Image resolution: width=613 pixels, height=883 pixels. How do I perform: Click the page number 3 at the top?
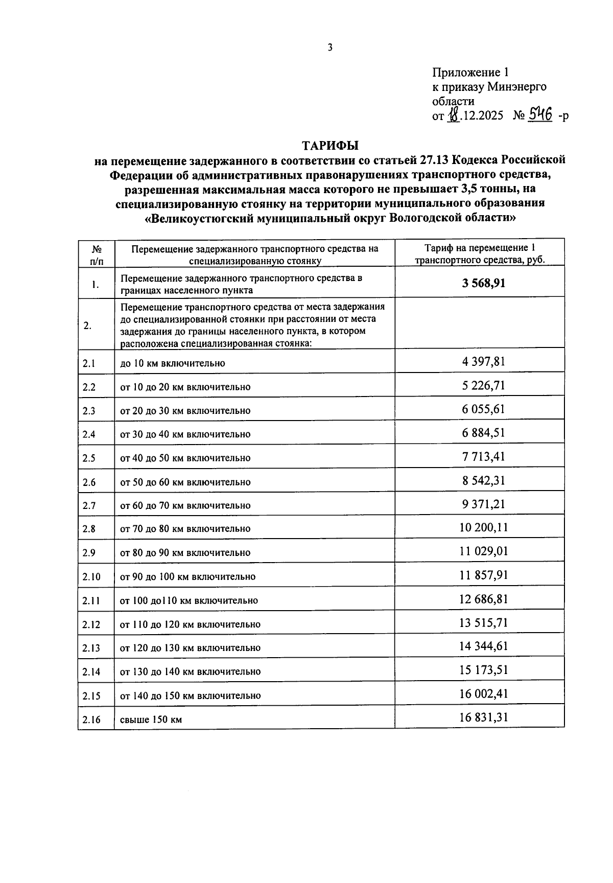(329, 48)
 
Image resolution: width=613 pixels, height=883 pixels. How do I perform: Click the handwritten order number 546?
(540, 115)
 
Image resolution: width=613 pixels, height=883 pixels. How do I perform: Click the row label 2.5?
(89, 458)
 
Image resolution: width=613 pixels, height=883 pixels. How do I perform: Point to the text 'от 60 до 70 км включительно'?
(185, 505)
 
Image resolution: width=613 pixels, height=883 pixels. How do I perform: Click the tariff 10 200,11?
(483, 527)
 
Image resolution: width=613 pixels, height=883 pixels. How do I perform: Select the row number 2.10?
(91, 577)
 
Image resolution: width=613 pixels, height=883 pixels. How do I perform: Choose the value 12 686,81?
(483, 599)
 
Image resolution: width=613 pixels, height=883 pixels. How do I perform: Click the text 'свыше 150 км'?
(151, 720)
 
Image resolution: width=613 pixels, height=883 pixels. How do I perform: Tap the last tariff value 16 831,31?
(483, 717)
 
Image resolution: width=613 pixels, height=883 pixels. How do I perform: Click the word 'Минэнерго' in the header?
(516, 87)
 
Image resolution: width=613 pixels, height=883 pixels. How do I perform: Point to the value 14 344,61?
(483, 646)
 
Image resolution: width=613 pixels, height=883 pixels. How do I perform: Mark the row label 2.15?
(91, 696)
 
